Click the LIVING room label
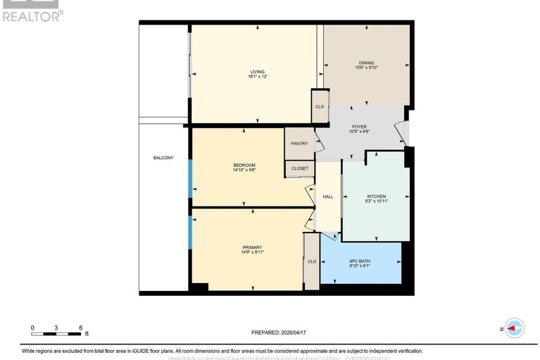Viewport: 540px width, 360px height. pos(256,71)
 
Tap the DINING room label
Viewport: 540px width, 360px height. pos(366,63)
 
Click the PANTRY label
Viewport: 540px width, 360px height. pos(299,144)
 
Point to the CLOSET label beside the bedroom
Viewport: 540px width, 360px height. pos(299,168)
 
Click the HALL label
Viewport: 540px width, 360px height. pos(328,197)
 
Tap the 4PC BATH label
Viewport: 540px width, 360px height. pos(359,261)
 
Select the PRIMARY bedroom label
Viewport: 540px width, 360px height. pos(252,247)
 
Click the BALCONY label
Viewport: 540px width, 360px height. pos(163,158)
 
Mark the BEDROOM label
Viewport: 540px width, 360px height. pos(244,166)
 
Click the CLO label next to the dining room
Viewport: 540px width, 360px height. pos(319,107)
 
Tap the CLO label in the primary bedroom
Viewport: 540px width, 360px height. pos(311,261)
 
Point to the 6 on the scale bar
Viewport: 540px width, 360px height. pos(82,328)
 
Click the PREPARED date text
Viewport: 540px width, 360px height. pos(280,333)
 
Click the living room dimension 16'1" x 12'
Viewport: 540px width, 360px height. pos(256,77)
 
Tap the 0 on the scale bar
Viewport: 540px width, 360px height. pos(32,328)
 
